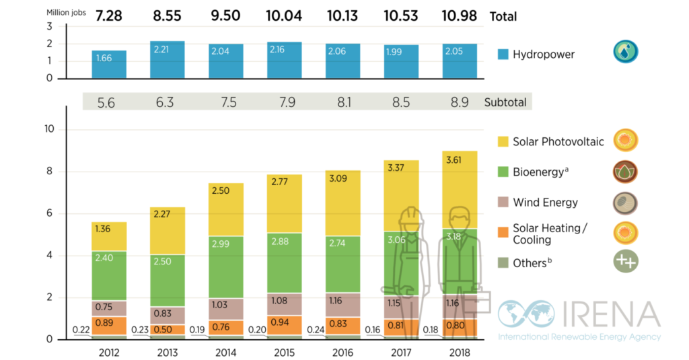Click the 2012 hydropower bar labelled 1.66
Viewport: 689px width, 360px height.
(109, 64)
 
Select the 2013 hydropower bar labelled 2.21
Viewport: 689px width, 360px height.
(168, 60)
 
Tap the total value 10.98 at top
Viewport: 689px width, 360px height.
(460, 15)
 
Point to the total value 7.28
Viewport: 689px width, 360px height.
(109, 15)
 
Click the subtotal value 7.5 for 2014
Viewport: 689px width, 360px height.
(226, 102)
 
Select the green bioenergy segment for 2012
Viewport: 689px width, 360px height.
(109, 275)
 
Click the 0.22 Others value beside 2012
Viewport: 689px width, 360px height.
(81, 330)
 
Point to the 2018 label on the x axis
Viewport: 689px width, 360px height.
(460, 351)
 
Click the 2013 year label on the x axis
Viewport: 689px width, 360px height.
(168, 351)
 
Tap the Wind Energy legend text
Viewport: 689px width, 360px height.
(545, 203)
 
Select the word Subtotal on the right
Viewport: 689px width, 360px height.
(505, 102)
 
